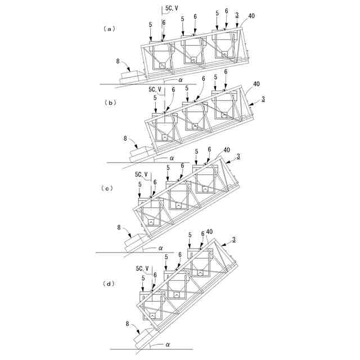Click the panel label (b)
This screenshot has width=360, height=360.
pos(111,102)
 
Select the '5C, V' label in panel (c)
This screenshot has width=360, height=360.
pos(142,174)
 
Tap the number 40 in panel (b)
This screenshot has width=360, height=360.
pos(256,84)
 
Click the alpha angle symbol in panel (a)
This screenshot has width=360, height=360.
pos(181,80)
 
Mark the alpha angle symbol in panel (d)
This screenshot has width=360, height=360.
pos(167,343)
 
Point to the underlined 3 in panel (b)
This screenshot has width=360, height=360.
pos(263,99)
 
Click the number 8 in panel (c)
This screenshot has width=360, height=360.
pos(119,227)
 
